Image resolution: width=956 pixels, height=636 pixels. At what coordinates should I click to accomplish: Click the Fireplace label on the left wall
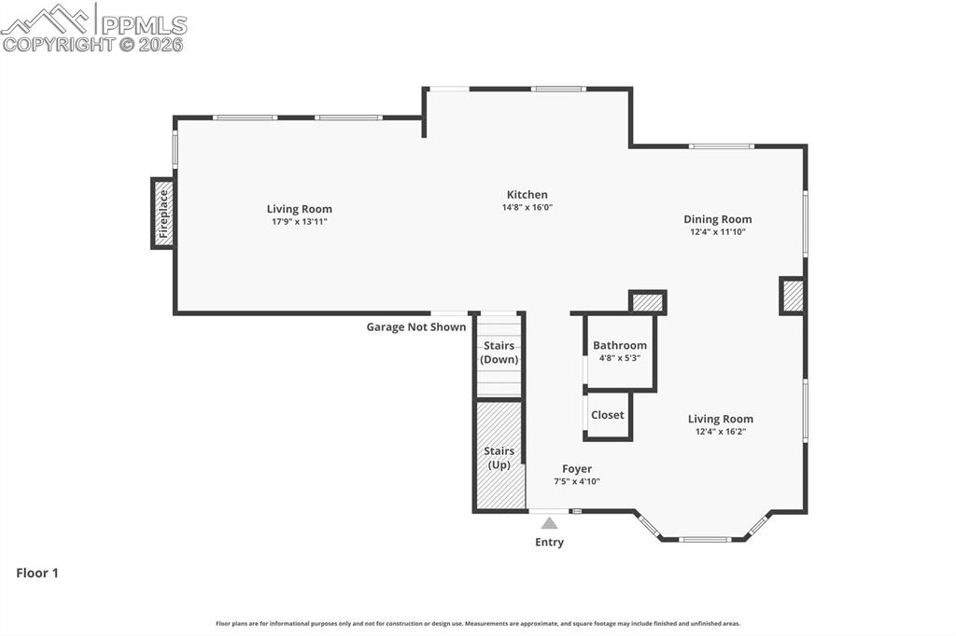coord(163,214)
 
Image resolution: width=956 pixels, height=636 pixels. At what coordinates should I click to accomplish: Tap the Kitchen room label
coord(527,195)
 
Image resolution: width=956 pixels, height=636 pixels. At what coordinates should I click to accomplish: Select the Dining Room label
coord(717,219)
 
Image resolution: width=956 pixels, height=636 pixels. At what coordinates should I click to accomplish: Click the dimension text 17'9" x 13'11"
coord(299,222)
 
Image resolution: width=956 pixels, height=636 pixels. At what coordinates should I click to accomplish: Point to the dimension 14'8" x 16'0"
coord(527,208)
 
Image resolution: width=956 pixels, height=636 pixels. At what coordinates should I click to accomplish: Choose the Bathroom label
coord(619,345)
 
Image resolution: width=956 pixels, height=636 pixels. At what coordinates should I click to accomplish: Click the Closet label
coord(607,415)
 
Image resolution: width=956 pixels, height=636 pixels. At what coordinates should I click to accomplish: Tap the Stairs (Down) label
coord(499,353)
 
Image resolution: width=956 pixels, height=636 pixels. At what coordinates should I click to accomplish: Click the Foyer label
coord(576,469)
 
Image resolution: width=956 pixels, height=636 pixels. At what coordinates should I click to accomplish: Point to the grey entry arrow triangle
coord(549,523)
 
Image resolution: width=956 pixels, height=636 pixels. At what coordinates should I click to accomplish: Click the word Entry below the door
coord(549,542)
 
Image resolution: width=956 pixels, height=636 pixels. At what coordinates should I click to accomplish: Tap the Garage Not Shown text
coord(415,327)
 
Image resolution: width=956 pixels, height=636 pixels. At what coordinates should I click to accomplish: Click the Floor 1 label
coord(37,574)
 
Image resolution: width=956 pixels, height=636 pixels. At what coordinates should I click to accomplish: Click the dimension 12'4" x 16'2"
coord(720,432)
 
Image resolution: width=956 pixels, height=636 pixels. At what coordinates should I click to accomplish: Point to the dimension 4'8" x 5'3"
coord(619,358)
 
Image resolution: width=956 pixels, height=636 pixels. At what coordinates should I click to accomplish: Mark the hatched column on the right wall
coord(792,296)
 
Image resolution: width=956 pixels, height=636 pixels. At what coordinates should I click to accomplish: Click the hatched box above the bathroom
coord(647,302)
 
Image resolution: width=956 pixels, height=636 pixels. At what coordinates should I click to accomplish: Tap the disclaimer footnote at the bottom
coord(478,624)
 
